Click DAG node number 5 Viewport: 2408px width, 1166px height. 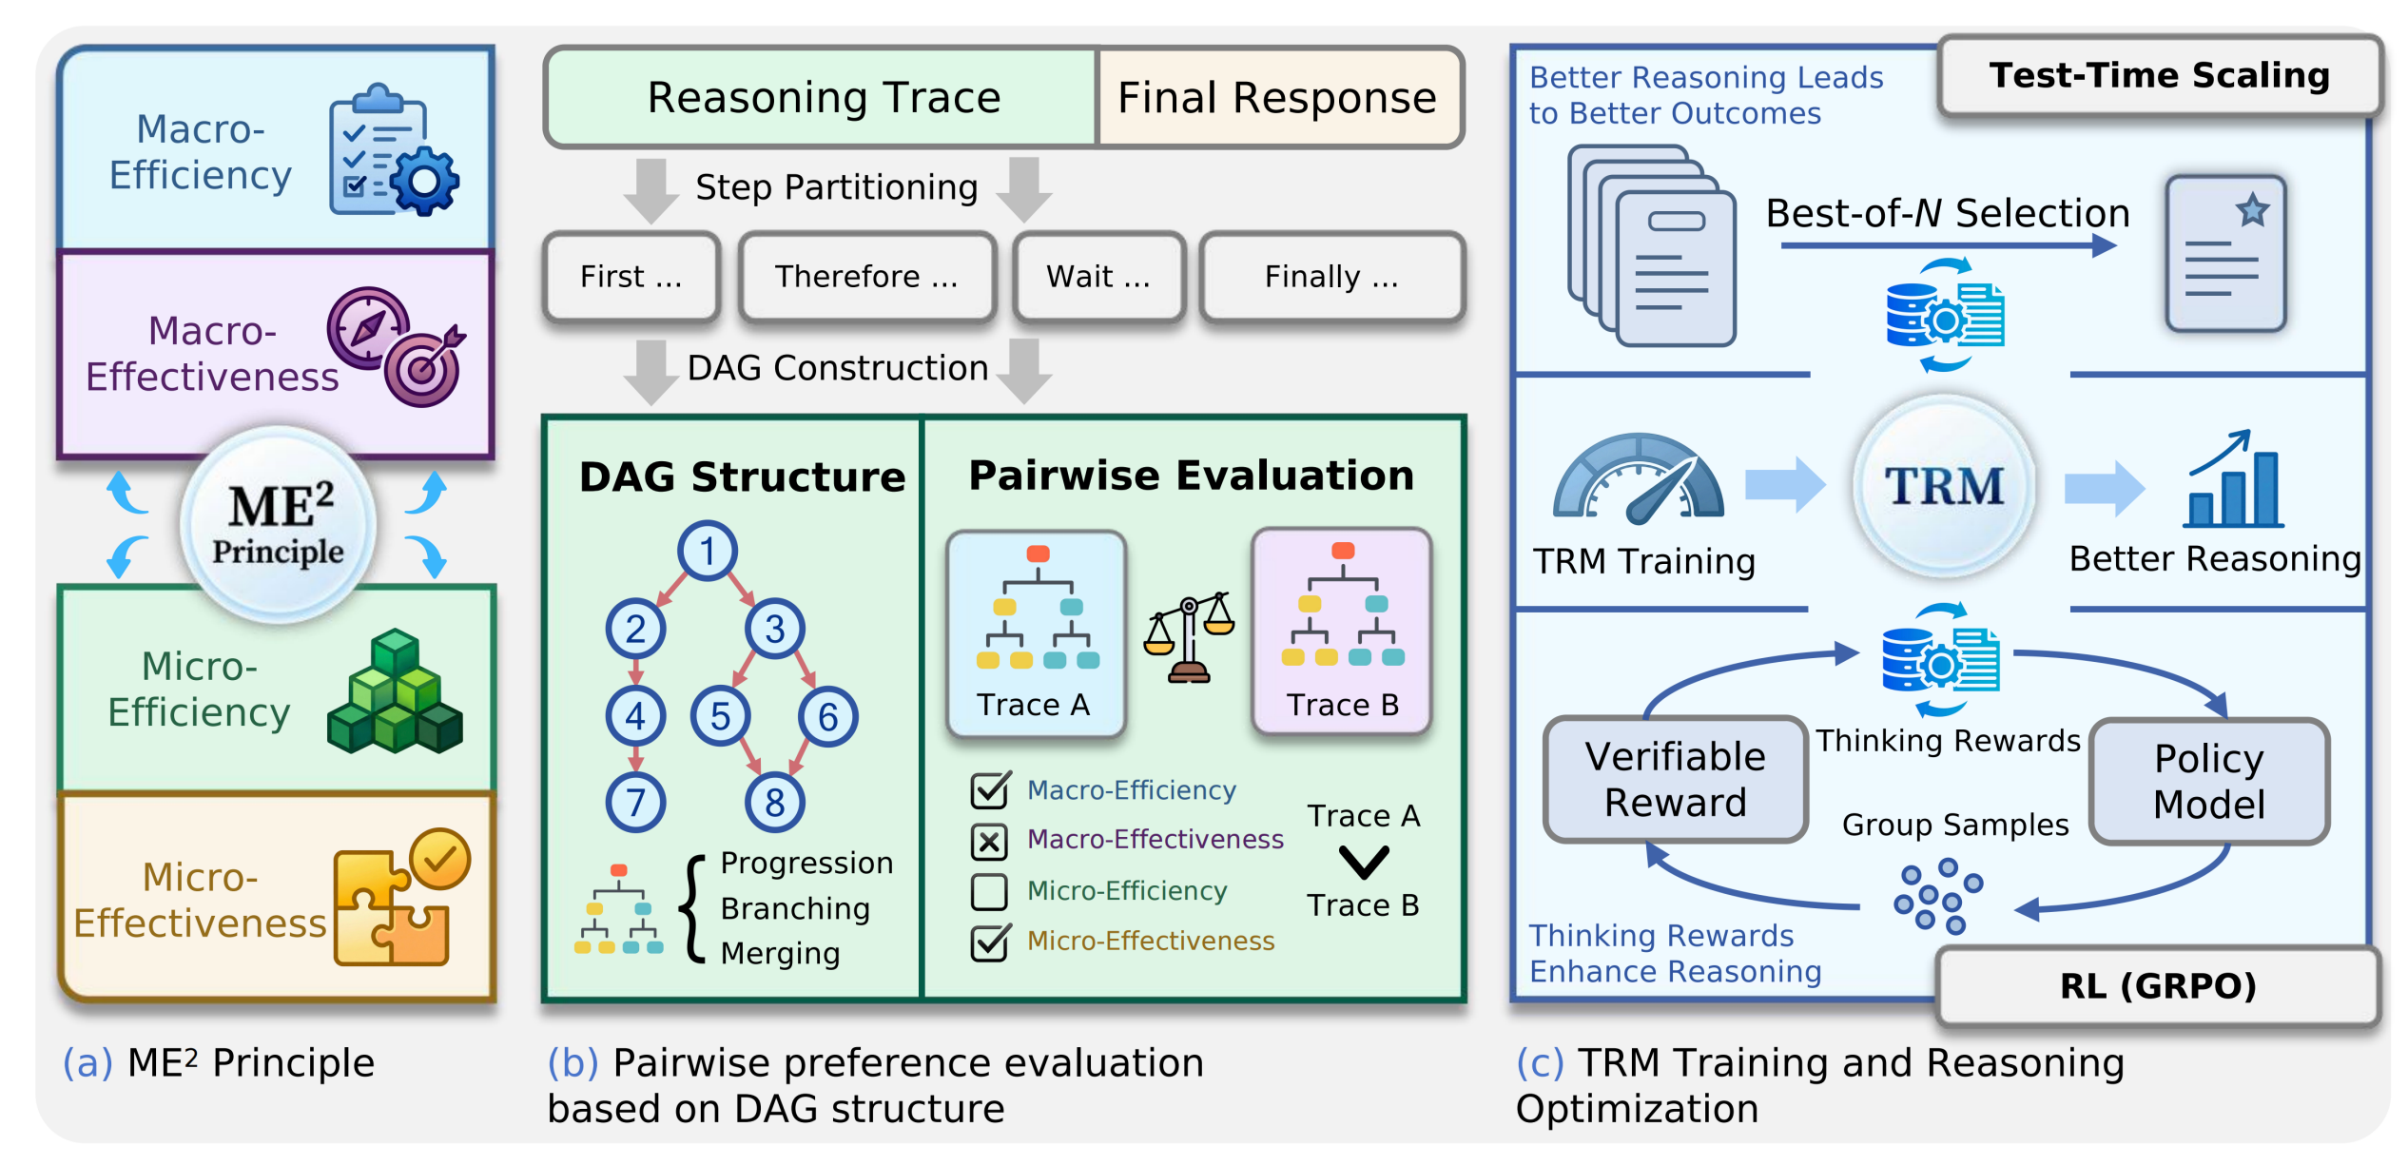720,716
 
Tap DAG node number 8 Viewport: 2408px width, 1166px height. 774,802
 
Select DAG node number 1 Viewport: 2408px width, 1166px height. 707,551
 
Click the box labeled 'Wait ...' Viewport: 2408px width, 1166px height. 1098,277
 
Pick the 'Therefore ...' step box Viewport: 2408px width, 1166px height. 866,277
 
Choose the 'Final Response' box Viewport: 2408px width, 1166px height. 1277,98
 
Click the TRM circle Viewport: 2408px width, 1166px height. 1944,486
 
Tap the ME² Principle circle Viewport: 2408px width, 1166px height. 278,524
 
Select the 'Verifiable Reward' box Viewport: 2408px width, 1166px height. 1675,780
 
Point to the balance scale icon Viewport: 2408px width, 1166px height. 1189,637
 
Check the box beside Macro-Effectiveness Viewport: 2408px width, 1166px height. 989,841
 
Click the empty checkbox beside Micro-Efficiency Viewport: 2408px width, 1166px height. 989,891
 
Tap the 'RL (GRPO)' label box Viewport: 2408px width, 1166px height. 2157,986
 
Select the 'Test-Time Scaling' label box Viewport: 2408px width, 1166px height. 2159,76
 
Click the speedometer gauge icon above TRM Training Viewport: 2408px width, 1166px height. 1638,478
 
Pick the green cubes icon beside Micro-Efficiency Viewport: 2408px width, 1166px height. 395,691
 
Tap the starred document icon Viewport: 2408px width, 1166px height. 2225,254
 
